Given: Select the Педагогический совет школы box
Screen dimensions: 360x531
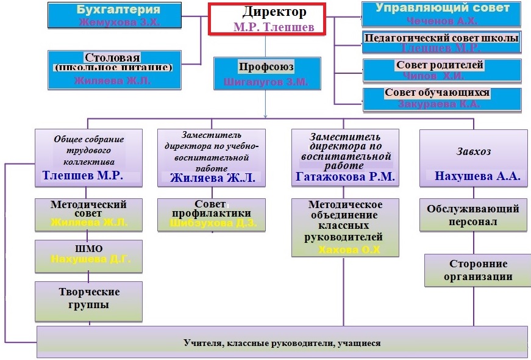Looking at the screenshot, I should (441, 43).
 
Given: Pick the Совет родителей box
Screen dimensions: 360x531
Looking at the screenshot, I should (441, 70).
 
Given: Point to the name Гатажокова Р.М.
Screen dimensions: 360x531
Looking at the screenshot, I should (345, 178).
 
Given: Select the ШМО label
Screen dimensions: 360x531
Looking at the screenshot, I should (89, 249).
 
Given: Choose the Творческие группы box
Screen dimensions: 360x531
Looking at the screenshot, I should (89, 298).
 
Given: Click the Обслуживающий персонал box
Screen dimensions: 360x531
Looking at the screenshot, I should (472, 215).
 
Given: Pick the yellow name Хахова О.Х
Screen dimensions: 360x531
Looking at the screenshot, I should (346, 249).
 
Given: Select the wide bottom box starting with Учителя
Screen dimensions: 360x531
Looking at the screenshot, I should (282, 343).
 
